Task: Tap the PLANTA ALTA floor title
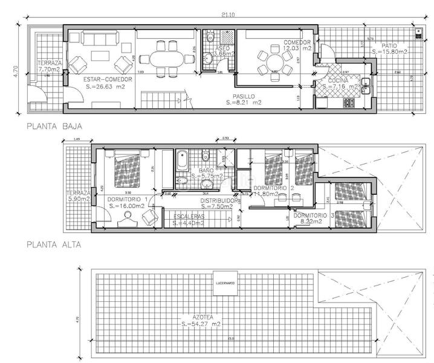pos(53,245)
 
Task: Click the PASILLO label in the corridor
pos(244,96)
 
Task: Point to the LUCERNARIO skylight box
pos(225,283)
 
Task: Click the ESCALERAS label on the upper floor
pos(189,216)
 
